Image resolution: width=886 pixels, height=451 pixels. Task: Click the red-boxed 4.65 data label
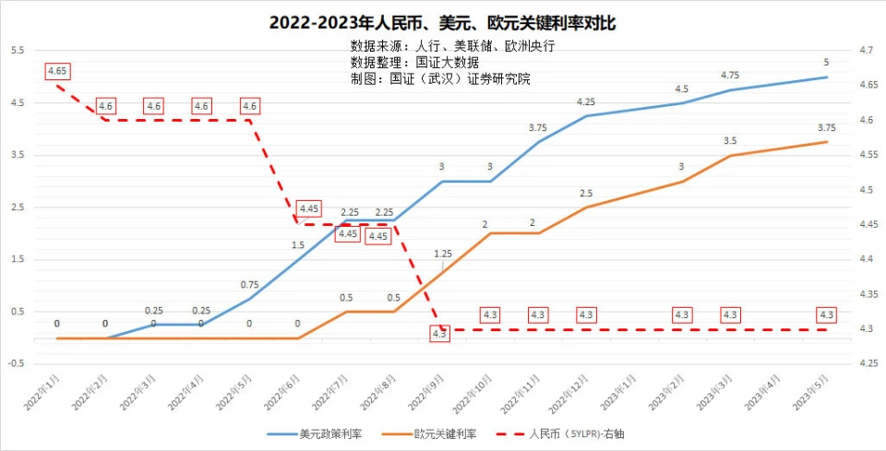click(x=57, y=70)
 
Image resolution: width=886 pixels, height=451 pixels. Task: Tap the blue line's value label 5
click(x=826, y=63)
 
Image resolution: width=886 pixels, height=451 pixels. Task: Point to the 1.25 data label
click(x=442, y=253)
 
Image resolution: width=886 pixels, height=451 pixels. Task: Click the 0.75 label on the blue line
click(x=249, y=284)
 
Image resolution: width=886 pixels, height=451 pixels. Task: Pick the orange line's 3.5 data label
click(x=729, y=141)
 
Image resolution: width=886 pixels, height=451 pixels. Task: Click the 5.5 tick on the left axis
click(x=18, y=50)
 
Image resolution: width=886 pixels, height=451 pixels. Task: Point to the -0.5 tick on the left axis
click(x=16, y=364)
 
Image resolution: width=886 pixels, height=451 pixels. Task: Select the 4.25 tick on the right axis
click(x=868, y=364)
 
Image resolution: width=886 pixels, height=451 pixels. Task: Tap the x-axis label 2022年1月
click(x=44, y=391)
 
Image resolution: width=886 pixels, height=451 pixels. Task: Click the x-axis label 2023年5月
click(x=811, y=391)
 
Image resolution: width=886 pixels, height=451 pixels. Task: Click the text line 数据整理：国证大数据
click(x=414, y=62)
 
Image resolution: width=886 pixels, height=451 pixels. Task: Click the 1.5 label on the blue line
click(x=297, y=245)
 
